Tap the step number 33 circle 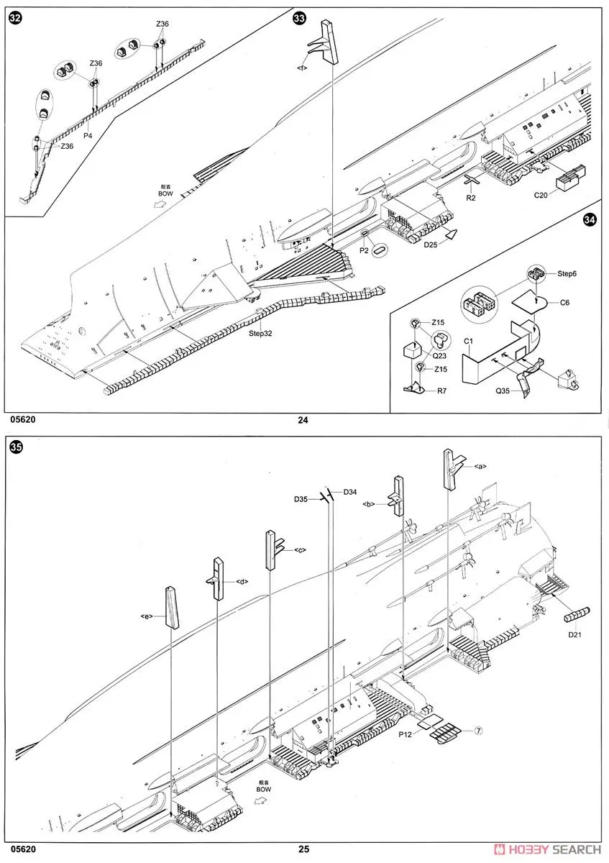pos(300,19)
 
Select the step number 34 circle pos(591,221)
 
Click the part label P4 pos(88,134)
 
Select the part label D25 pos(430,245)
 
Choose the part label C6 pos(565,304)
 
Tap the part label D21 pos(574,634)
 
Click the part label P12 pos(408,734)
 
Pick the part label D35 pos(301,498)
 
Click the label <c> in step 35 pos(300,550)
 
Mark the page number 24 pos(303,421)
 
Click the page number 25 pos(304,849)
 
